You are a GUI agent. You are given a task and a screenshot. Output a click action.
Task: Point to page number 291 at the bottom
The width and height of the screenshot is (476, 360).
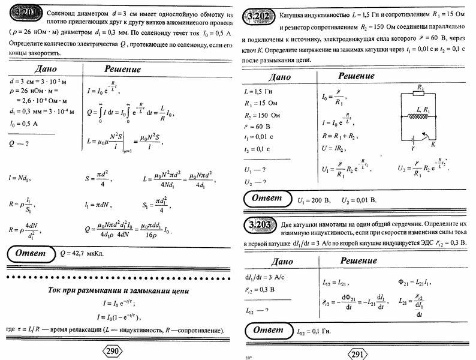coord(358,353)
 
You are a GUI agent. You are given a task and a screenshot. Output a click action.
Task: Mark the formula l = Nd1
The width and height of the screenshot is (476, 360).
coord(20,178)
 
